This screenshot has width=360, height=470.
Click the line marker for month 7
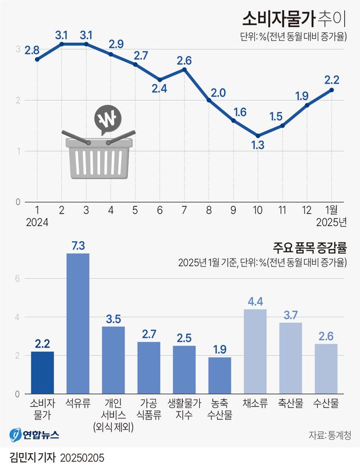(184, 69)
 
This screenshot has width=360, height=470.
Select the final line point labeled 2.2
(332, 90)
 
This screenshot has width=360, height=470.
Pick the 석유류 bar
(78, 323)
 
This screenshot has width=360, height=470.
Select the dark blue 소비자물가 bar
(42, 372)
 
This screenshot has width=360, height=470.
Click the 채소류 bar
(255, 351)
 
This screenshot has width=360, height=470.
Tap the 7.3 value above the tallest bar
(78, 246)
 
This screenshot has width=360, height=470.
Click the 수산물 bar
(326, 368)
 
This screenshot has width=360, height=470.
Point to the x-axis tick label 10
(258, 210)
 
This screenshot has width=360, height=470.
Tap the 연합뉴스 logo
(35, 435)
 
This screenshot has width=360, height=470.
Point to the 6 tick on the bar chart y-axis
(17, 279)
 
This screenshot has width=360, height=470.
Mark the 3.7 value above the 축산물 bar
(290, 315)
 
